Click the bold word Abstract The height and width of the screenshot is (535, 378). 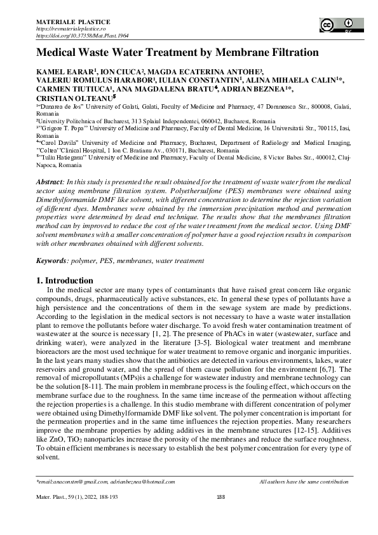coord(50,182)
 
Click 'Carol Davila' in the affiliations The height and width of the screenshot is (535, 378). coord(62,144)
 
